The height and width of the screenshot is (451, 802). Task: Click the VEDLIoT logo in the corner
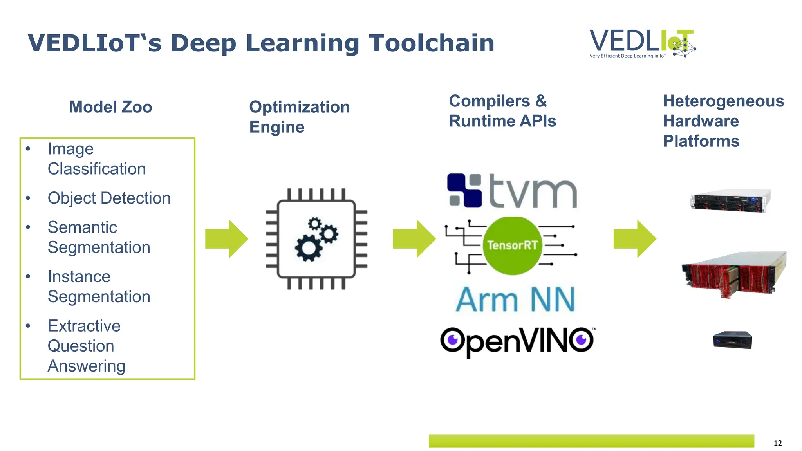[x=642, y=43]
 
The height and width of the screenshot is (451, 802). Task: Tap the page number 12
[x=777, y=443]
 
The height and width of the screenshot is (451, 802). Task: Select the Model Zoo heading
[x=110, y=107]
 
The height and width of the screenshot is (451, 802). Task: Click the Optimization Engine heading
[x=299, y=117]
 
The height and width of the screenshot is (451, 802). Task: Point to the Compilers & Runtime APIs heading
[x=502, y=111]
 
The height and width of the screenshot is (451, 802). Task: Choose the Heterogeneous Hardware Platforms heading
[x=723, y=121]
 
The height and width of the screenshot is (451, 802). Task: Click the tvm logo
[x=512, y=191]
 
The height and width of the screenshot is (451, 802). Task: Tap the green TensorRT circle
[x=512, y=245]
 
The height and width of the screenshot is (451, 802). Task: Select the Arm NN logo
[x=515, y=300]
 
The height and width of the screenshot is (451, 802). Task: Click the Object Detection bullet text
[x=109, y=198]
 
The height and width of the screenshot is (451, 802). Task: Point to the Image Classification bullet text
[x=96, y=159]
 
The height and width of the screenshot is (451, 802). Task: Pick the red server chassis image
[x=733, y=275]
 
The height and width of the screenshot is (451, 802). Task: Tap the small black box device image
[x=732, y=340]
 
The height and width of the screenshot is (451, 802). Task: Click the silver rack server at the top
[x=730, y=200]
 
